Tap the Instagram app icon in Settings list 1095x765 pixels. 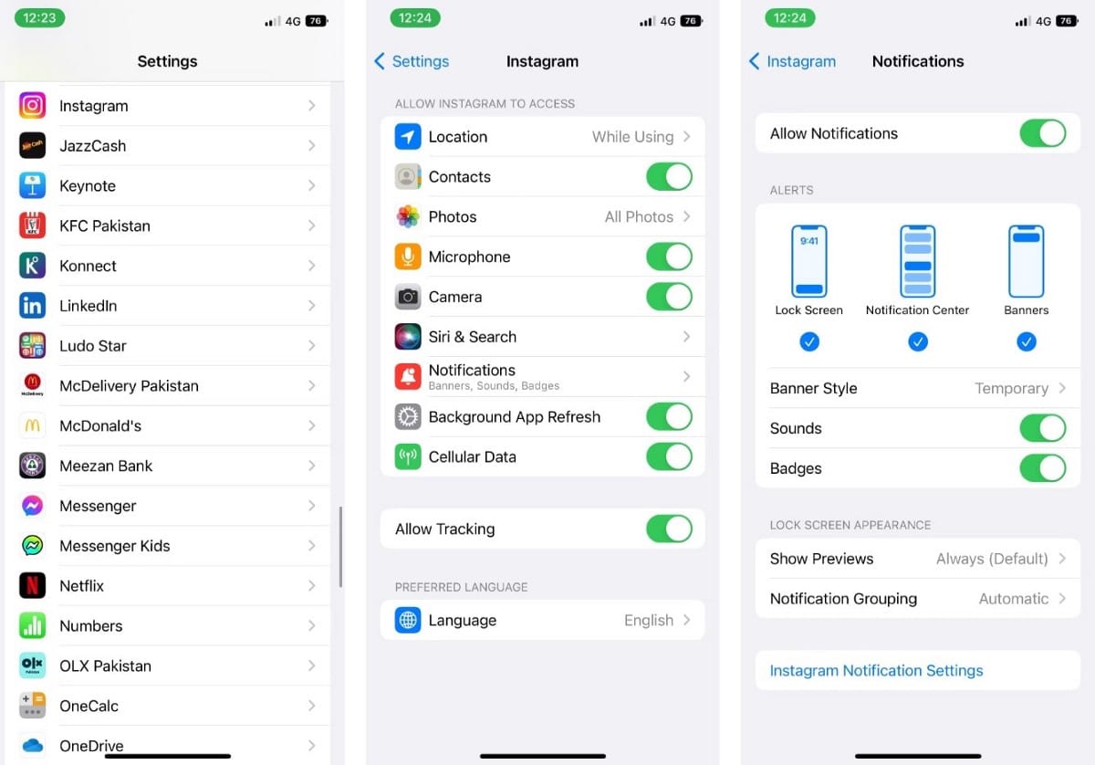[32, 105]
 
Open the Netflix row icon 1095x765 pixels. [32, 585]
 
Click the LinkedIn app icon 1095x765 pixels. [32, 305]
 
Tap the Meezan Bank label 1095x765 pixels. [106, 466]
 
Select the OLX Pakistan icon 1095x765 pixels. [32, 665]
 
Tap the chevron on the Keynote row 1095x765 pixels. [312, 185]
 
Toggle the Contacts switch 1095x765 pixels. [669, 176]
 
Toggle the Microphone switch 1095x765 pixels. [669, 257]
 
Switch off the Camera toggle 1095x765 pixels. [669, 297]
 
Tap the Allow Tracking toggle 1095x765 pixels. [669, 529]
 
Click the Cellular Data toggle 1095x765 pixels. [669, 456]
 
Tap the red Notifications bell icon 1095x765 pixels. [408, 377]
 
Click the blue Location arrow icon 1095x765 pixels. [408, 136]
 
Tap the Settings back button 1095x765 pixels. [412, 61]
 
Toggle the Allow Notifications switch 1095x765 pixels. [1043, 133]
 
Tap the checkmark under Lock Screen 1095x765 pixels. [809, 341]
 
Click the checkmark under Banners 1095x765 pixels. [1026, 341]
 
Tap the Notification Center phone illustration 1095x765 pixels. [918, 261]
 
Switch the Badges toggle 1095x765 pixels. [1043, 468]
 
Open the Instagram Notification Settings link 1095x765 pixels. [876, 670]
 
